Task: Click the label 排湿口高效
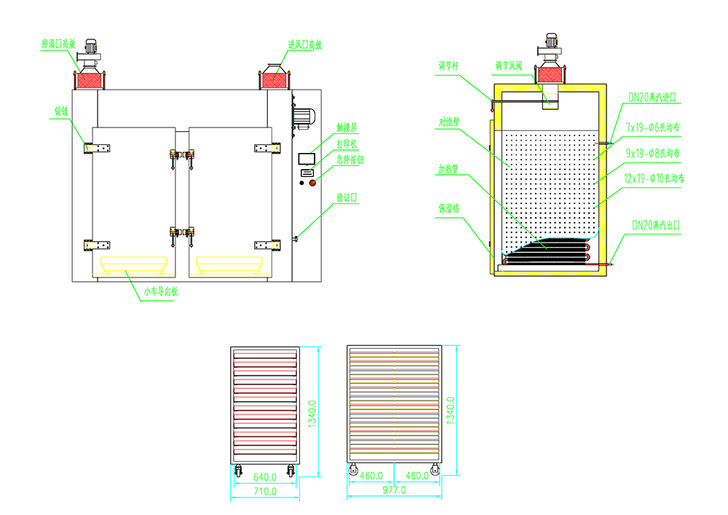[x=58, y=44]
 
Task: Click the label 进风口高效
[x=305, y=44]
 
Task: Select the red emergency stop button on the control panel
[x=314, y=182]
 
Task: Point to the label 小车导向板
[x=161, y=293]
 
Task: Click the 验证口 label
[x=347, y=197]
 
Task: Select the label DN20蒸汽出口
[x=655, y=226]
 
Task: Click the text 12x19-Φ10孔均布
[x=655, y=178]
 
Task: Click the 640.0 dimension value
[x=264, y=477]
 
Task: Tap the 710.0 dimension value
[x=264, y=492]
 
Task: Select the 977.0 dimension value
[x=394, y=492]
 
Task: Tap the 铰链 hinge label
[x=61, y=112]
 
